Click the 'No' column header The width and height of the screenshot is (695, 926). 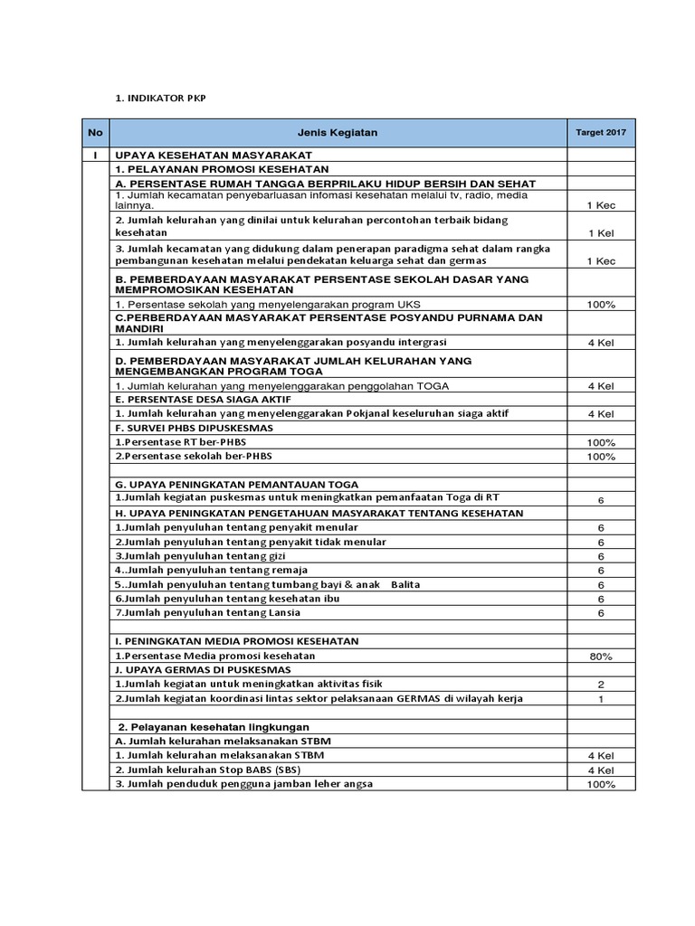coord(94,133)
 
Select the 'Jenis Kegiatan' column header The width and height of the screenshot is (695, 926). coord(337,133)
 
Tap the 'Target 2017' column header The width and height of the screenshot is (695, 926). coord(600,133)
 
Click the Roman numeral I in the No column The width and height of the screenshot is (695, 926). coord(94,156)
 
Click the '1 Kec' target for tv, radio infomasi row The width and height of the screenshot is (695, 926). coord(600,205)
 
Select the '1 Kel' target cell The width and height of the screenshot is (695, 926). coord(600,233)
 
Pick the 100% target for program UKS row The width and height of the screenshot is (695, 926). coord(600,304)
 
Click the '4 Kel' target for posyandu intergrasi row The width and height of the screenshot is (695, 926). coord(600,343)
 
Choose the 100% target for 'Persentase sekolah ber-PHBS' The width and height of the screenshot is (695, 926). coord(600,457)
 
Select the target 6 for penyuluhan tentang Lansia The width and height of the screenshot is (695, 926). coord(600,613)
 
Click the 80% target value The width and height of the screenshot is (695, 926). coord(600,656)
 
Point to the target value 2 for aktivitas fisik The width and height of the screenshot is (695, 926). coord(600,685)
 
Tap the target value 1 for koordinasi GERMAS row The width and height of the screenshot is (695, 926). coord(600,699)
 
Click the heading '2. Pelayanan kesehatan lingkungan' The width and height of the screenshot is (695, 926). coord(214,726)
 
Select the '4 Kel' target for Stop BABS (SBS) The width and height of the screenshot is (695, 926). coord(600,770)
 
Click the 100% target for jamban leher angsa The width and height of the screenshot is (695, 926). coord(600,784)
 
